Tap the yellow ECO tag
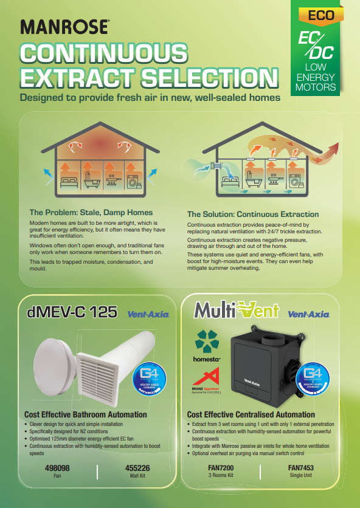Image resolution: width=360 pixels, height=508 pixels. [x=320, y=15]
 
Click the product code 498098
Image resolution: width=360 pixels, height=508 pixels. [x=57, y=469]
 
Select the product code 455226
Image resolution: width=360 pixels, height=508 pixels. [x=137, y=469]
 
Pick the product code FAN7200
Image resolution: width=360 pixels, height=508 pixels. [x=221, y=469]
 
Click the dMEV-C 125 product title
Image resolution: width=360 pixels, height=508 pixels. [x=72, y=312]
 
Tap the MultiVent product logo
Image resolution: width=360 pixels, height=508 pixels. [x=236, y=311]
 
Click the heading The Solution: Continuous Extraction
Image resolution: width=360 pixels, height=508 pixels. [x=252, y=215]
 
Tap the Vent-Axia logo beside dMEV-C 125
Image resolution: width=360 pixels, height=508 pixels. [x=148, y=315]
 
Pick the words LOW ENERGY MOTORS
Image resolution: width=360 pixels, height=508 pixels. [x=316, y=78]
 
